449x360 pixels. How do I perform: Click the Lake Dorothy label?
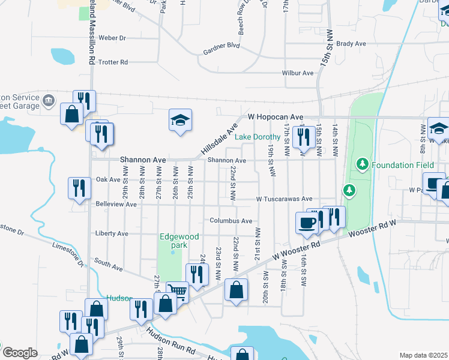click(x=258, y=137)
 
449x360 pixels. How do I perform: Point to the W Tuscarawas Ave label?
click(x=285, y=199)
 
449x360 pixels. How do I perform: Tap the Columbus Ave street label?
click(x=231, y=221)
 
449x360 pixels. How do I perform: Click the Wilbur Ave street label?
click(x=298, y=73)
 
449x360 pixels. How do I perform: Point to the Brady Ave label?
click(x=351, y=44)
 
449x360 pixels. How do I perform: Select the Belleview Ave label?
click(x=116, y=204)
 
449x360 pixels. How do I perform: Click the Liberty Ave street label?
click(x=112, y=233)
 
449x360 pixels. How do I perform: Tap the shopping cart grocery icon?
click(x=178, y=292)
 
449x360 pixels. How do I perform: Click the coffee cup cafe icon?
click(x=307, y=223)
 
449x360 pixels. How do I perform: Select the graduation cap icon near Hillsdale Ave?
click(x=179, y=121)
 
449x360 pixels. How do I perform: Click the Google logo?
click(x=19, y=353)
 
